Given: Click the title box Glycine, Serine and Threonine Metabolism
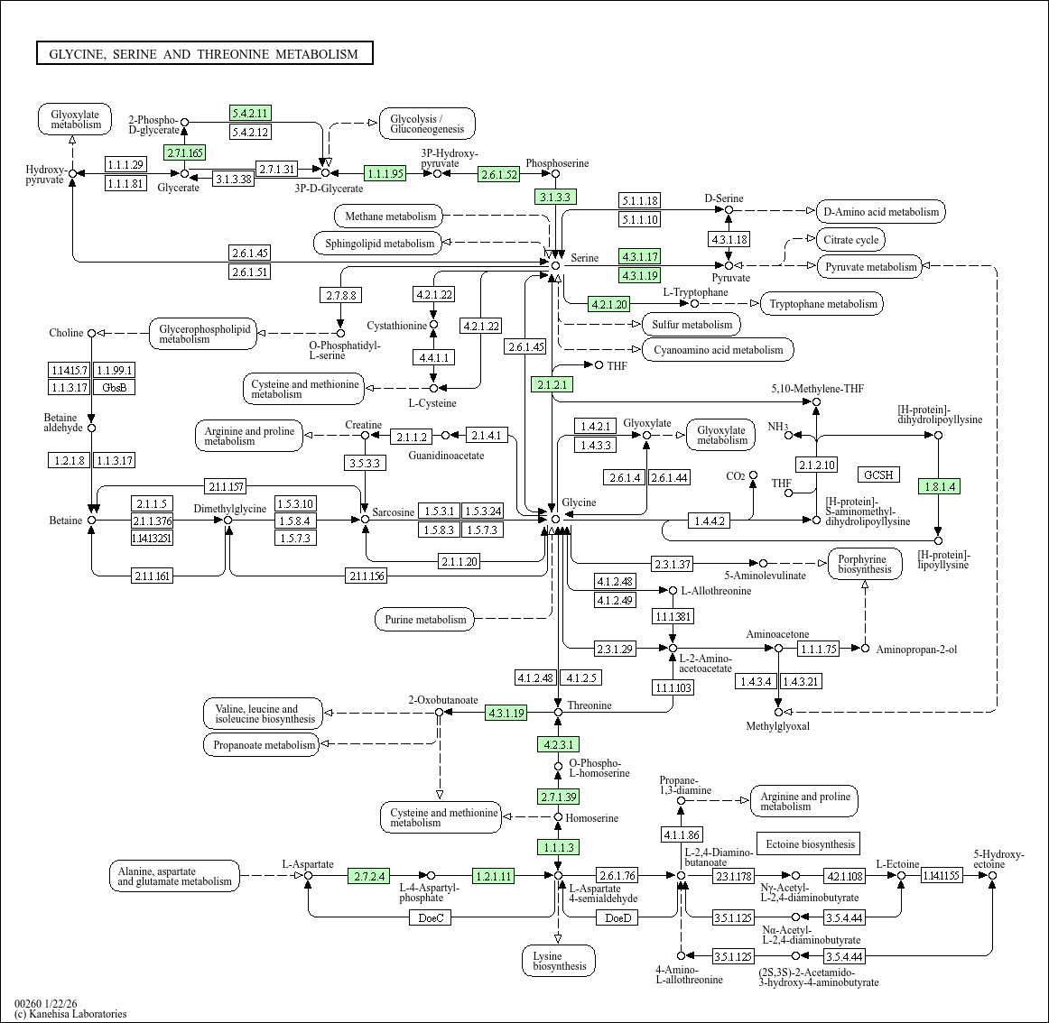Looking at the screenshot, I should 204,54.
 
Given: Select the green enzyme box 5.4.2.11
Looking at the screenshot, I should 250,113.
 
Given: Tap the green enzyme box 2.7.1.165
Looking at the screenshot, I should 184,152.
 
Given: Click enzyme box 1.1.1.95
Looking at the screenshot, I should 385,173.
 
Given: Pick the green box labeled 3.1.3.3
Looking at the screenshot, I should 555,197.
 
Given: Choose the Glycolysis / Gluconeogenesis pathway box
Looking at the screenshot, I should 427,124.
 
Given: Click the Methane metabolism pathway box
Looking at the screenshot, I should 390,217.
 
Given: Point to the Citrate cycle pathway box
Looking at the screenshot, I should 851,240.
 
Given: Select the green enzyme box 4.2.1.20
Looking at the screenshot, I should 608,304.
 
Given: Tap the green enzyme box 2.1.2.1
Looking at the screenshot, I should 552,384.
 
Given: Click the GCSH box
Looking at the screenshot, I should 877,475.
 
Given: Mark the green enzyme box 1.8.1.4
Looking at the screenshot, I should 938,486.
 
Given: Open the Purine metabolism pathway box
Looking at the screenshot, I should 425,620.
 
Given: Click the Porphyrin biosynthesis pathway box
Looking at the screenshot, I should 864,564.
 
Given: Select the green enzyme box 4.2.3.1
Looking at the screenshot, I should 558,744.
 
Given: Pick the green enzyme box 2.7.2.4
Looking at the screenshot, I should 369,876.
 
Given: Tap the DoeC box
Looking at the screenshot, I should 431,917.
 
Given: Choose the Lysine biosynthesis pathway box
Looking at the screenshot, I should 559,961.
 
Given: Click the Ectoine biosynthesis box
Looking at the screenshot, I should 809,844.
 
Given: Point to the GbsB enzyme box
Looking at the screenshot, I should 115,387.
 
